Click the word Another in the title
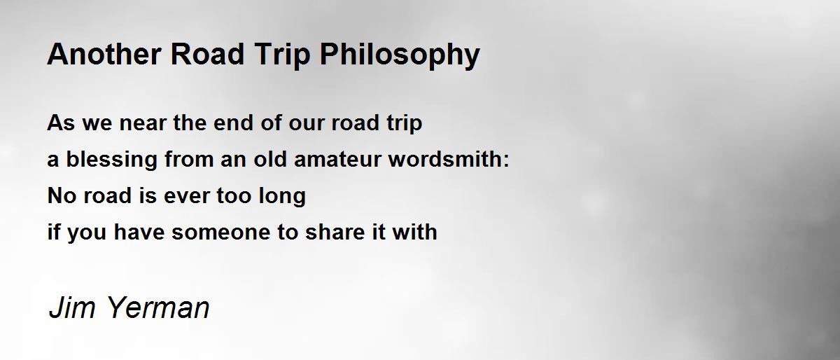(104, 54)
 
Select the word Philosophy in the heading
(400, 55)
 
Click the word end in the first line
(233, 123)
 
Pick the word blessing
(112, 160)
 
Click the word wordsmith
(445, 159)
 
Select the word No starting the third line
(62, 195)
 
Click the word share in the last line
(335, 232)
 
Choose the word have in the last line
(139, 232)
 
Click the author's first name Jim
(72, 307)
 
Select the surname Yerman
(159, 307)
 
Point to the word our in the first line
(307, 123)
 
